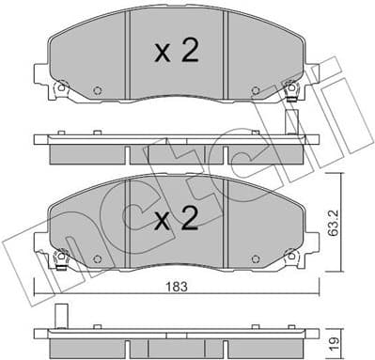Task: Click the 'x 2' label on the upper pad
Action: point(176,52)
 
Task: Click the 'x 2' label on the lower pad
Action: point(176,220)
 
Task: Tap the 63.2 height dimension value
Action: point(347,223)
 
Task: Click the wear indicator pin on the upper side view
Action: point(292,123)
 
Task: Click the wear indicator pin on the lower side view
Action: point(61,317)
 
